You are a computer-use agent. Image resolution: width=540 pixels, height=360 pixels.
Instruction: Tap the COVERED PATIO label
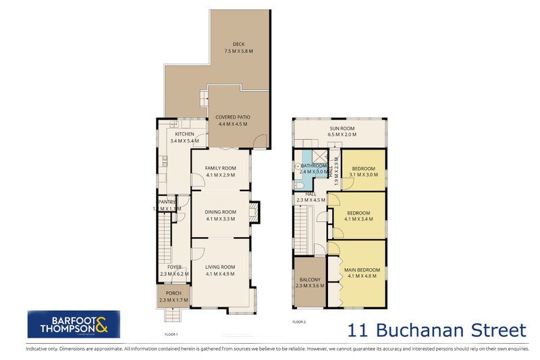pyautogui.click(x=232, y=117)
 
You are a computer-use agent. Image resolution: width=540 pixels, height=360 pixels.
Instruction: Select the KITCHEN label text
pyautogui.click(x=184, y=134)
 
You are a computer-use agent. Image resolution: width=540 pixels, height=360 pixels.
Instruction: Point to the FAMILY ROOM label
pyautogui.click(x=221, y=168)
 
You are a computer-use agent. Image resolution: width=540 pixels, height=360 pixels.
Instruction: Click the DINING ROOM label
pyautogui.click(x=221, y=211)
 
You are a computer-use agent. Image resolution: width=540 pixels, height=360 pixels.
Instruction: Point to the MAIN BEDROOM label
pyautogui.click(x=363, y=270)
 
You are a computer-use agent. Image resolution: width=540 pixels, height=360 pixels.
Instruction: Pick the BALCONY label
pyautogui.click(x=309, y=279)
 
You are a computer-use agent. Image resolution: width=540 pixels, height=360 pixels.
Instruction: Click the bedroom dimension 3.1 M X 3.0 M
pyautogui.click(x=364, y=174)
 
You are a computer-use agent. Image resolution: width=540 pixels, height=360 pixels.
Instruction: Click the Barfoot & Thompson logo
pyautogui.click(x=74, y=324)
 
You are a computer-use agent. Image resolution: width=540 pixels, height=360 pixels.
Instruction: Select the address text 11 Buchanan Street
pyautogui.click(x=436, y=330)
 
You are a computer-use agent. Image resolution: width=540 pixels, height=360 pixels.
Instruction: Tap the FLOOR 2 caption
pyautogui.click(x=299, y=322)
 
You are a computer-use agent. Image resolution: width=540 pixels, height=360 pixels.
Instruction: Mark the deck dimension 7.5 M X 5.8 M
pyautogui.click(x=238, y=51)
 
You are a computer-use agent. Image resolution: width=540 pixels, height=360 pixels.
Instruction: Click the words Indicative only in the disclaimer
pyautogui.click(x=43, y=349)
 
